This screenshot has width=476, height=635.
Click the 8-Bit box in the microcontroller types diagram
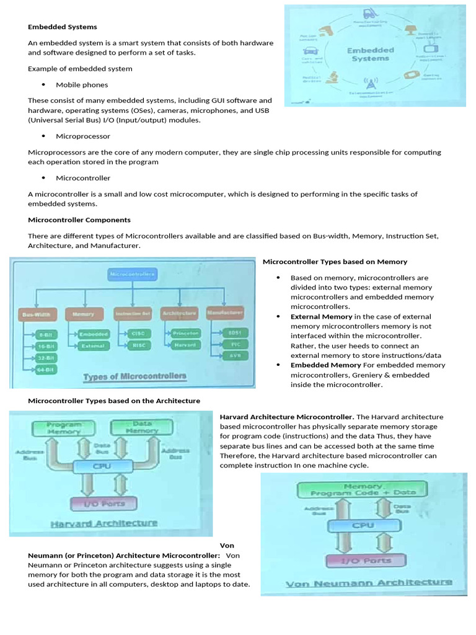coord(45,335)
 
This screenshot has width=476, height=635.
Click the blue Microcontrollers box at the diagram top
coord(133,273)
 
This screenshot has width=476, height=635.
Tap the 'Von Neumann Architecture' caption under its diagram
coord(368,583)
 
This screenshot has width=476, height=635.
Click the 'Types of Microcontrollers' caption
coord(134,376)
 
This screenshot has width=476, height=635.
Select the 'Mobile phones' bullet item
coord(82,84)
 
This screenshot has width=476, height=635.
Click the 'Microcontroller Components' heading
coord(79,220)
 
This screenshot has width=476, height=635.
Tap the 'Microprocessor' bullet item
coord(83,136)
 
